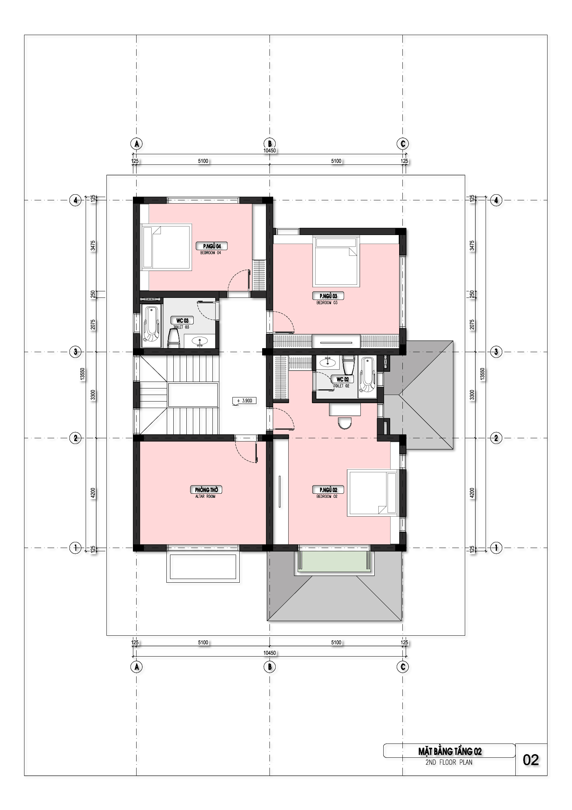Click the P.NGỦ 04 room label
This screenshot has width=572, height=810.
[212, 246]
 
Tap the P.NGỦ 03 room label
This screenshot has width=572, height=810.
[328, 296]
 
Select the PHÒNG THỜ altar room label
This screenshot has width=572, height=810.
[206, 490]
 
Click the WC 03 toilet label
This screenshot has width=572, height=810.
[182, 321]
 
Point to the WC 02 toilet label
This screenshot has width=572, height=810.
[342, 379]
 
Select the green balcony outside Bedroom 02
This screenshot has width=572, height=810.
[334, 561]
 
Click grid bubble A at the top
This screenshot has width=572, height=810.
[137, 144]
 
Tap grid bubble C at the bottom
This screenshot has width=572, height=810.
[402, 667]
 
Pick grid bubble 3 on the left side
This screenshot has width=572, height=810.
[75, 351]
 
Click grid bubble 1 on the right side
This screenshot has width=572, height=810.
[496, 548]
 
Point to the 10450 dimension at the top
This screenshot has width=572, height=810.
[269, 151]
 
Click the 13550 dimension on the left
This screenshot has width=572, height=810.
[83, 374]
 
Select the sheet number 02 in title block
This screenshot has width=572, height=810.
[531, 760]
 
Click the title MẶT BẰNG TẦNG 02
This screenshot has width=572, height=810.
[450, 751]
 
